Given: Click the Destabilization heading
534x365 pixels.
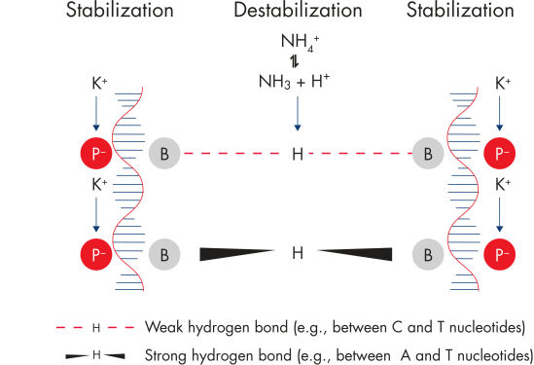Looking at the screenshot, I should (298, 12).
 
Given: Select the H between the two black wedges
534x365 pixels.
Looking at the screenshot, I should (298, 253).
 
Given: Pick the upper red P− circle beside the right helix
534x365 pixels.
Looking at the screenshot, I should (498, 154).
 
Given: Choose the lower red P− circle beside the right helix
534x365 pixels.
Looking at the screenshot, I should (498, 254).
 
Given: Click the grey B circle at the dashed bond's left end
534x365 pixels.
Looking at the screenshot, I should (164, 154).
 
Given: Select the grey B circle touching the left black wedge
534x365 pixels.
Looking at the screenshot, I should (164, 254).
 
